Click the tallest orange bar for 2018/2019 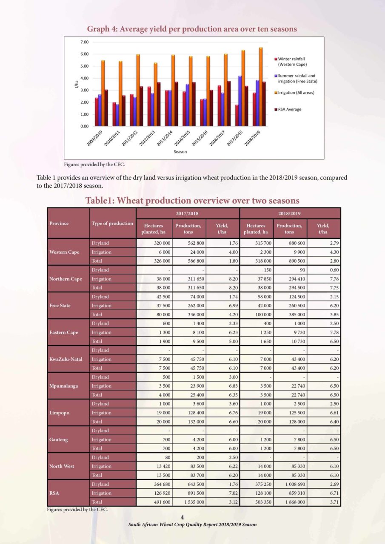coord(260,87)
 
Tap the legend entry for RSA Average coord(288,109)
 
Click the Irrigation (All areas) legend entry coord(294,93)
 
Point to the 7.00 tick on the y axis coord(84,42)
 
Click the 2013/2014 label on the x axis coord(165,138)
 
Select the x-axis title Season coord(180,152)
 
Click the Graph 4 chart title coord(192,29)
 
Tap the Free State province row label coord(60,306)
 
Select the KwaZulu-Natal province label coord(66,359)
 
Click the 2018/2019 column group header coord(289,213)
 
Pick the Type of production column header coord(112,223)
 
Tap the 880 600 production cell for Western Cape coord(297,243)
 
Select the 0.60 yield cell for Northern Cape coord(334,270)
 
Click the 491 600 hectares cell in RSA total coord(162,502)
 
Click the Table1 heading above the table coord(192,201)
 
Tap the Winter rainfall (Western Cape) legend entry coord(291,62)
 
